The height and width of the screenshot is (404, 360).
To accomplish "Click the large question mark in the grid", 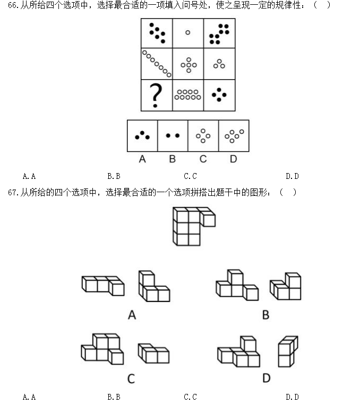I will click(156, 96).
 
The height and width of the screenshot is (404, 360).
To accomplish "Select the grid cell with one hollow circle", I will click(187, 33).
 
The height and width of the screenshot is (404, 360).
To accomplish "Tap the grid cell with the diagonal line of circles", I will click(157, 64).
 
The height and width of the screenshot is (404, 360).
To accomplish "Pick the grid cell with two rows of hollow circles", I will click(187, 95).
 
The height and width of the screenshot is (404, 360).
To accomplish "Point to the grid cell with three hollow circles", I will click(219, 64).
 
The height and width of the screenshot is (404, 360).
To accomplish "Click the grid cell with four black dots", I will click(219, 95).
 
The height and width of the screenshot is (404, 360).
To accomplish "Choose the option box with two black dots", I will click(173, 136).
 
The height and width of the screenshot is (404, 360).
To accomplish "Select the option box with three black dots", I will click(142, 136).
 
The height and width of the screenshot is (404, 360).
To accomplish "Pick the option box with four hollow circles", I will click(203, 136).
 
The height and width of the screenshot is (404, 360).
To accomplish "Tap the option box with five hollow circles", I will click(234, 136).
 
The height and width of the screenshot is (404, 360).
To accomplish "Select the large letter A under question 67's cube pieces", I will click(132, 315).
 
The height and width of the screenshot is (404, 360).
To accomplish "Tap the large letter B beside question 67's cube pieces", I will click(265, 315).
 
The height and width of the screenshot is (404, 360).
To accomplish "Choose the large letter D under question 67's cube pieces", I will click(266, 378).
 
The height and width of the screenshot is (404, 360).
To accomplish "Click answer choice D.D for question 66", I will click(292, 176).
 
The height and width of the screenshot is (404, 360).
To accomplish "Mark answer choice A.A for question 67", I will click(29, 397).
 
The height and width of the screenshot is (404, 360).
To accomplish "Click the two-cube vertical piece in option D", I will click(287, 351).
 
